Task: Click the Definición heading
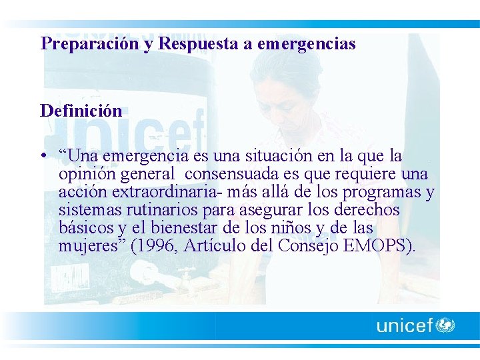(81, 110)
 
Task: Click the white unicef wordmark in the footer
(405, 326)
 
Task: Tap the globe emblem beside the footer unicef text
(445, 325)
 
